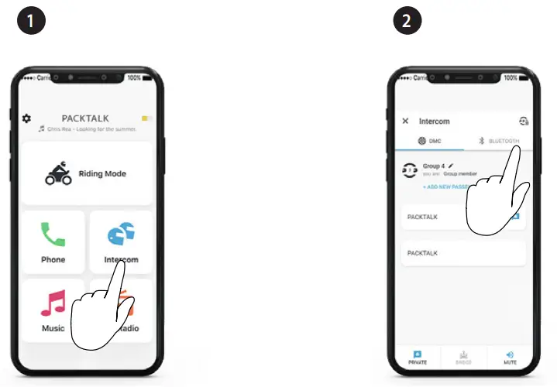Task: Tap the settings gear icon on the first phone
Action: click(26, 118)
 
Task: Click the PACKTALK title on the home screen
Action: click(85, 118)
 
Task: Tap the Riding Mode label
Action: click(102, 174)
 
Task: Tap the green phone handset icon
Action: click(53, 234)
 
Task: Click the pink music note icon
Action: click(53, 302)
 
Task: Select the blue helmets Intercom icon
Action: click(121, 234)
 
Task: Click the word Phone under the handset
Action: click(53, 260)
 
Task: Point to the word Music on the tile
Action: click(53, 328)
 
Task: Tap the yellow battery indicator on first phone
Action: click(146, 119)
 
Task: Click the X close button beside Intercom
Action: click(405, 122)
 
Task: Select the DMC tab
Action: click(431, 141)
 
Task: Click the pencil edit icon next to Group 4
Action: click(450, 166)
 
